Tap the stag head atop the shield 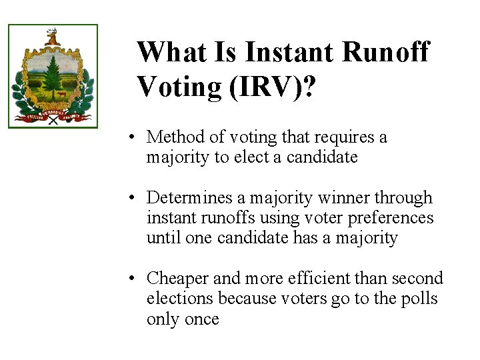[x=52, y=36]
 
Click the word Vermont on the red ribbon [x=52, y=115]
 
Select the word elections [x=177, y=299]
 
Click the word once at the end [x=201, y=319]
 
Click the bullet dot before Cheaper [x=134, y=279]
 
